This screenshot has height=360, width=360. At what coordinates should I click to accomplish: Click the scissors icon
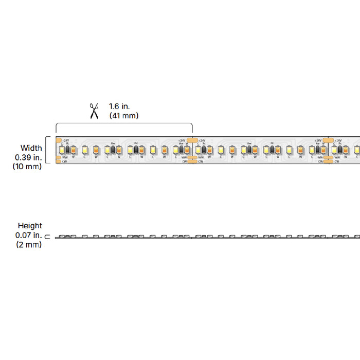click(x=94, y=111)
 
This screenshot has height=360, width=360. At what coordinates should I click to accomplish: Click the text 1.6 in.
click(x=119, y=106)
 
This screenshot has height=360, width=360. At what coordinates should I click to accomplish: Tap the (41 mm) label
click(x=123, y=116)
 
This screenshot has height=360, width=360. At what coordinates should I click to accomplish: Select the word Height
click(x=30, y=225)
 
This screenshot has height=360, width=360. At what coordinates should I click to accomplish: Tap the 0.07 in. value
click(x=28, y=235)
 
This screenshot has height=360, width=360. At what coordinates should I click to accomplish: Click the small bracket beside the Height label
click(x=48, y=237)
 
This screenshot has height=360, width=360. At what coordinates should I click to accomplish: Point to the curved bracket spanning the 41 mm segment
click(x=124, y=124)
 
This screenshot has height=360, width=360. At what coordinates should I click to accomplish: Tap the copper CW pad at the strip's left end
click(x=58, y=161)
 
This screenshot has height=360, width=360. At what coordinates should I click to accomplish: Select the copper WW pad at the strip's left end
click(x=58, y=157)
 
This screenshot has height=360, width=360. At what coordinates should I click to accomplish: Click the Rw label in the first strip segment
click(x=113, y=143)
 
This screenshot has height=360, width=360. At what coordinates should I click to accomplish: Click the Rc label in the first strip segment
click(x=136, y=143)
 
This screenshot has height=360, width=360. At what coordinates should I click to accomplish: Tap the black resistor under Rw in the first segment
click(x=113, y=150)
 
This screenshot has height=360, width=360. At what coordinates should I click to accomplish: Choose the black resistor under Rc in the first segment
click(x=136, y=150)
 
